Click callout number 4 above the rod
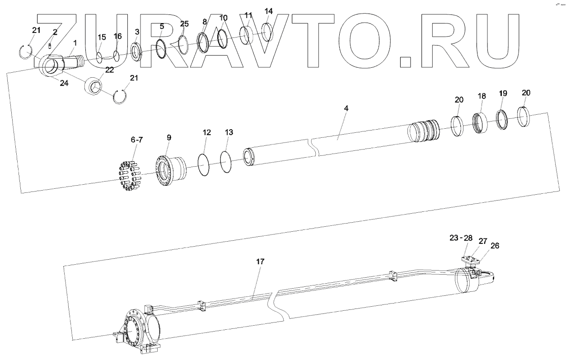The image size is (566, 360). click(x=346, y=109)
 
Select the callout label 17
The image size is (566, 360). click(x=260, y=262)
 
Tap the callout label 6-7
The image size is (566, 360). click(x=136, y=140)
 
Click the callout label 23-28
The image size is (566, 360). click(x=460, y=238)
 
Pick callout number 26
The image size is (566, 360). click(x=495, y=246)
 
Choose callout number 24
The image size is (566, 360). click(x=64, y=83)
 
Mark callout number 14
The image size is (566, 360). click(x=268, y=10)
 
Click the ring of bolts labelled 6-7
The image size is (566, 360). click(x=130, y=176)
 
